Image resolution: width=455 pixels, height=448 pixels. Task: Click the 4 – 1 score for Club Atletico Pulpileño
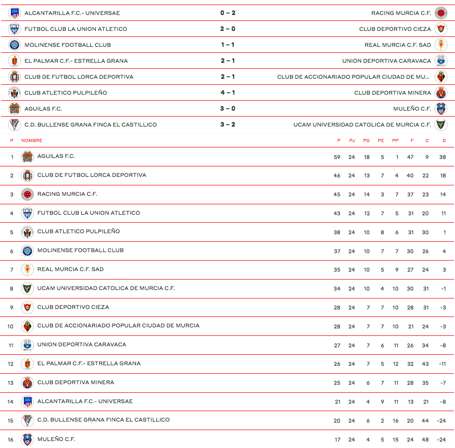point(228,93)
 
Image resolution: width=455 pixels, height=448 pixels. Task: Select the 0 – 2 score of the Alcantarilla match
point(228,13)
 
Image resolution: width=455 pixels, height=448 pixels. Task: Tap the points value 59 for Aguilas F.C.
point(337,157)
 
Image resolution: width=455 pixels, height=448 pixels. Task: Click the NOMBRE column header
point(32,141)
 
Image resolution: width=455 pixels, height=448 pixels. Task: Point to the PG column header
point(366,141)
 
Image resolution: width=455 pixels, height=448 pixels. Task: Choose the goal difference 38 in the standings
point(443,157)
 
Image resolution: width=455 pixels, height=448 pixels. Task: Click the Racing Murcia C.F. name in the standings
point(67,194)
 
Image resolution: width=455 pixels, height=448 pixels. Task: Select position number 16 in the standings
point(11,440)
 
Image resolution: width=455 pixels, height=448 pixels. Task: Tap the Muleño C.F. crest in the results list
point(441,109)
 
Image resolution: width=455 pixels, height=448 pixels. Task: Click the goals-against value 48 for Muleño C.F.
point(425,440)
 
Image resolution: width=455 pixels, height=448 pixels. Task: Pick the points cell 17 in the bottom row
point(337,440)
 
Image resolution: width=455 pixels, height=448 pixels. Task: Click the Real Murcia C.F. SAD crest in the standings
point(27,270)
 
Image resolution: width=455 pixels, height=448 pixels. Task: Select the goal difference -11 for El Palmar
point(442,364)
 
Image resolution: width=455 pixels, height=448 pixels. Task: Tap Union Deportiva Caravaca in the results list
point(386,61)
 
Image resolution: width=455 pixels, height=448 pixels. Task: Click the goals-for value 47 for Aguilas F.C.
point(410,157)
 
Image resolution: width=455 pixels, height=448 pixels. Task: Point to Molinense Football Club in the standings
point(80,250)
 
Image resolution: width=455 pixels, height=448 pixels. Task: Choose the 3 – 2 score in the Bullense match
point(228,125)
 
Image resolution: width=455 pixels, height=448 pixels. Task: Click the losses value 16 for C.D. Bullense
point(395,421)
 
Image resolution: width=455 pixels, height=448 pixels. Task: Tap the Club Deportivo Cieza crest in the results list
point(441,29)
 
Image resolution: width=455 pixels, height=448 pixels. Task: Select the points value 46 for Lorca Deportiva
point(337,176)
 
